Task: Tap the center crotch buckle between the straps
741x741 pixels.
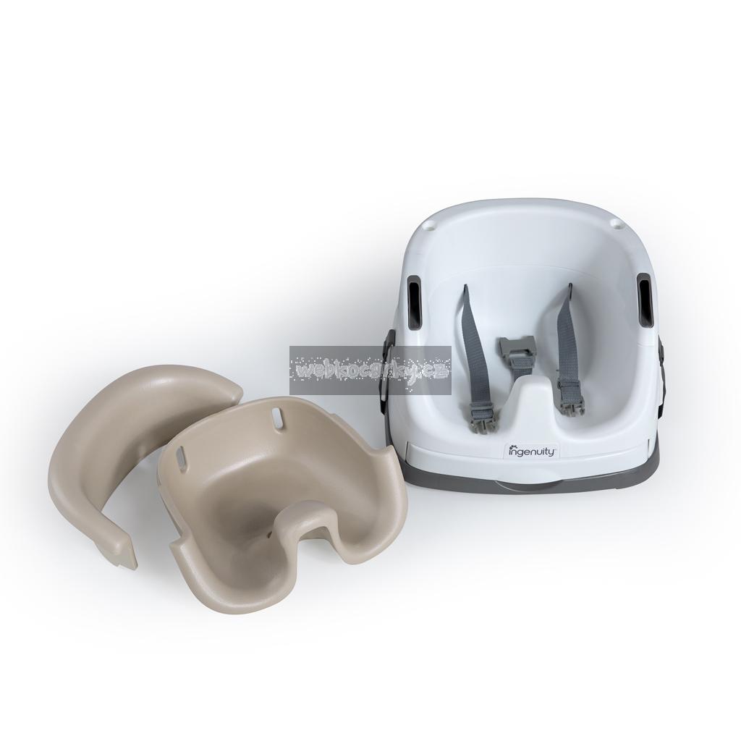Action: pos(517,348)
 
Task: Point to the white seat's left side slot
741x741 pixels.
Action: pos(414,303)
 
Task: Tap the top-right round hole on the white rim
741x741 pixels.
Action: pos(614,222)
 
